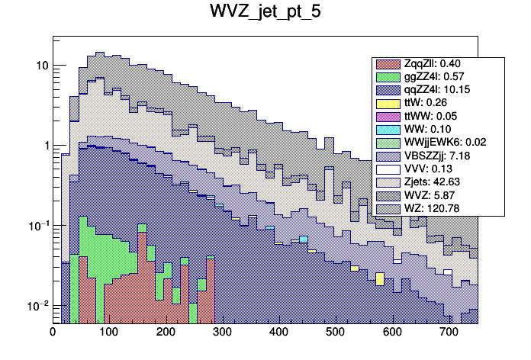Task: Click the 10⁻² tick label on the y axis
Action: coord(38,306)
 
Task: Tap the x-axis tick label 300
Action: coord(222,333)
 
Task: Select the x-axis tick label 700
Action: coord(449,333)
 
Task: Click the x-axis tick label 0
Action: coord(53,333)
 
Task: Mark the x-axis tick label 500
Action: coord(335,333)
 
